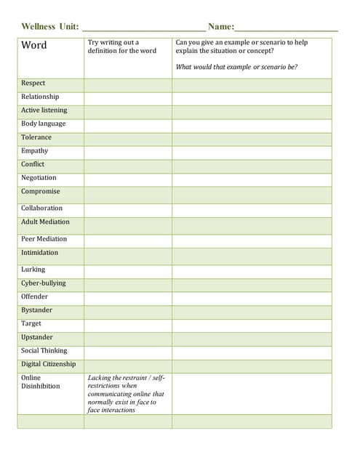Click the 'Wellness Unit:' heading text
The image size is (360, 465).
coord(50,27)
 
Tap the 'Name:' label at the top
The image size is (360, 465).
coord(221,27)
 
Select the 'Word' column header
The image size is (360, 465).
coord(34,46)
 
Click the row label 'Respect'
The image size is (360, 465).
coord(33,84)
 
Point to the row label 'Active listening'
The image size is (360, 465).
coord(44,110)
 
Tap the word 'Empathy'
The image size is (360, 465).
coord(35,151)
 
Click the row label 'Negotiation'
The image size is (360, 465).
coord(39,178)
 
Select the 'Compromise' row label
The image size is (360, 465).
coord(41,192)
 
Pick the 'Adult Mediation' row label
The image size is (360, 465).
coord(45,222)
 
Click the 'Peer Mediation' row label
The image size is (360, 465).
coord(44,239)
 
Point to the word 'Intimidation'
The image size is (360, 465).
coord(40,253)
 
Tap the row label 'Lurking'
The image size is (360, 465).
coord(33,270)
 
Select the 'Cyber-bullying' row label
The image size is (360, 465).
coord(43,283)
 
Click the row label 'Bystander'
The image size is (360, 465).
coord(37,310)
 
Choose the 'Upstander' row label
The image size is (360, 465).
coord(37,338)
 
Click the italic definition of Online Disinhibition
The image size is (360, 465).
coord(126,394)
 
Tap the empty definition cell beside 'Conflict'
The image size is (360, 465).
coord(127,165)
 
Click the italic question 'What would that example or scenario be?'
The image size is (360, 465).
coord(236,68)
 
